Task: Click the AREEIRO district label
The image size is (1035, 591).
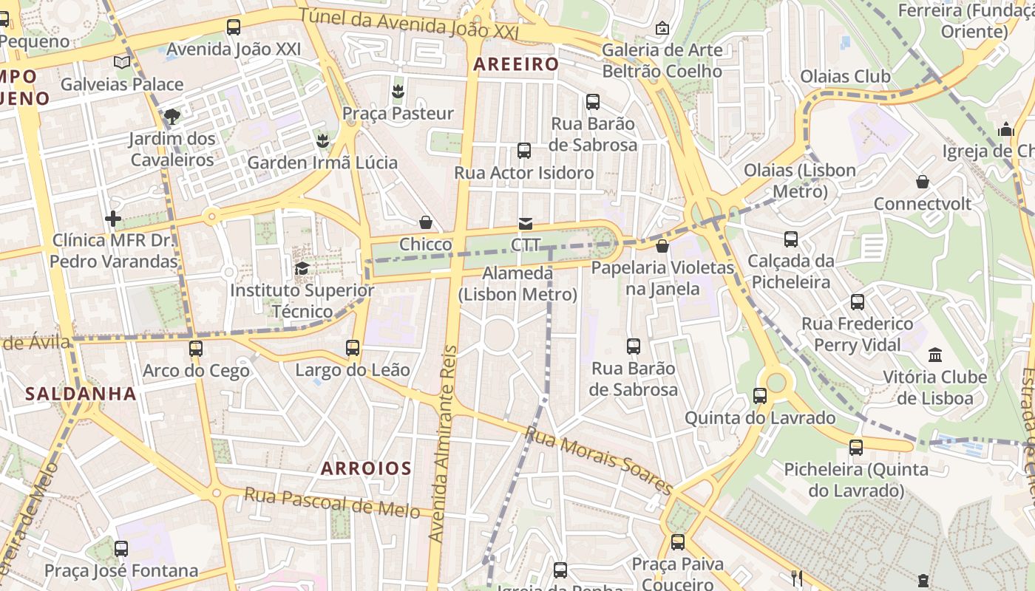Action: click(516, 64)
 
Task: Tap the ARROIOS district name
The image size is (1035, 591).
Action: click(367, 468)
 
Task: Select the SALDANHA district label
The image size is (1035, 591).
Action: click(81, 393)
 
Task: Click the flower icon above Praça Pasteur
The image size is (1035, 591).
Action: click(398, 92)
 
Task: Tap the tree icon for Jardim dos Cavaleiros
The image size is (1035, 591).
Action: click(172, 116)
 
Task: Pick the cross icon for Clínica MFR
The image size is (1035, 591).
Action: click(113, 219)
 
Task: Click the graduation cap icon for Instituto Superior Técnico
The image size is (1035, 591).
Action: click(302, 268)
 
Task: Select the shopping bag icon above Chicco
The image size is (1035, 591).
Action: click(426, 222)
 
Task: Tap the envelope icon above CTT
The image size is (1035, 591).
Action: click(526, 223)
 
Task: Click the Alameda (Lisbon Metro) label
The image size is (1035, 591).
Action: click(517, 284)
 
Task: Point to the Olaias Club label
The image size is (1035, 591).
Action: click(845, 76)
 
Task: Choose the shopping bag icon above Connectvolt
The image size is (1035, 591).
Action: click(923, 181)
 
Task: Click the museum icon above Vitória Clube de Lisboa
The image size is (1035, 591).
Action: click(935, 355)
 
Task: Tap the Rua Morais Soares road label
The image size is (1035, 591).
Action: click(599, 460)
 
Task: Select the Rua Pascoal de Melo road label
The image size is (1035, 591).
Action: click(332, 502)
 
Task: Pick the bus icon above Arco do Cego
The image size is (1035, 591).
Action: click(196, 348)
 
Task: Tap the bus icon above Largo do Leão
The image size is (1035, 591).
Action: click(353, 347)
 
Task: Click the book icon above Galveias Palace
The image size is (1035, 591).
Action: click(122, 63)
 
